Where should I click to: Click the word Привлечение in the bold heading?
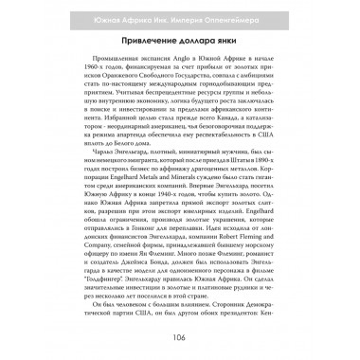click(143, 43)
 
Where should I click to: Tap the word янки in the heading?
click(237, 43)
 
